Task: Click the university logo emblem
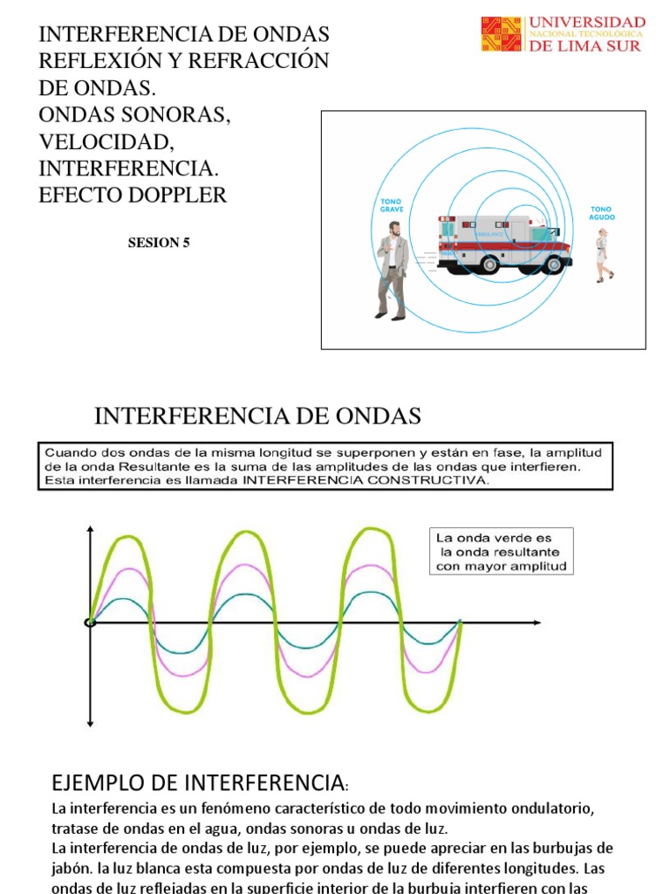(502, 34)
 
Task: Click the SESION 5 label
(159, 244)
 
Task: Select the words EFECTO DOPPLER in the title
(133, 195)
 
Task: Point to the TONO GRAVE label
(390, 206)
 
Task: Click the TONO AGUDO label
(602, 213)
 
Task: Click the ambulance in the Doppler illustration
(503, 244)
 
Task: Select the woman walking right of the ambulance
(602, 255)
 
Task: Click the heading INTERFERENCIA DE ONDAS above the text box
(257, 416)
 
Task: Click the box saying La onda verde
(502, 551)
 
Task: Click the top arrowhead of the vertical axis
(90, 531)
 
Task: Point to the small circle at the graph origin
(90, 622)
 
